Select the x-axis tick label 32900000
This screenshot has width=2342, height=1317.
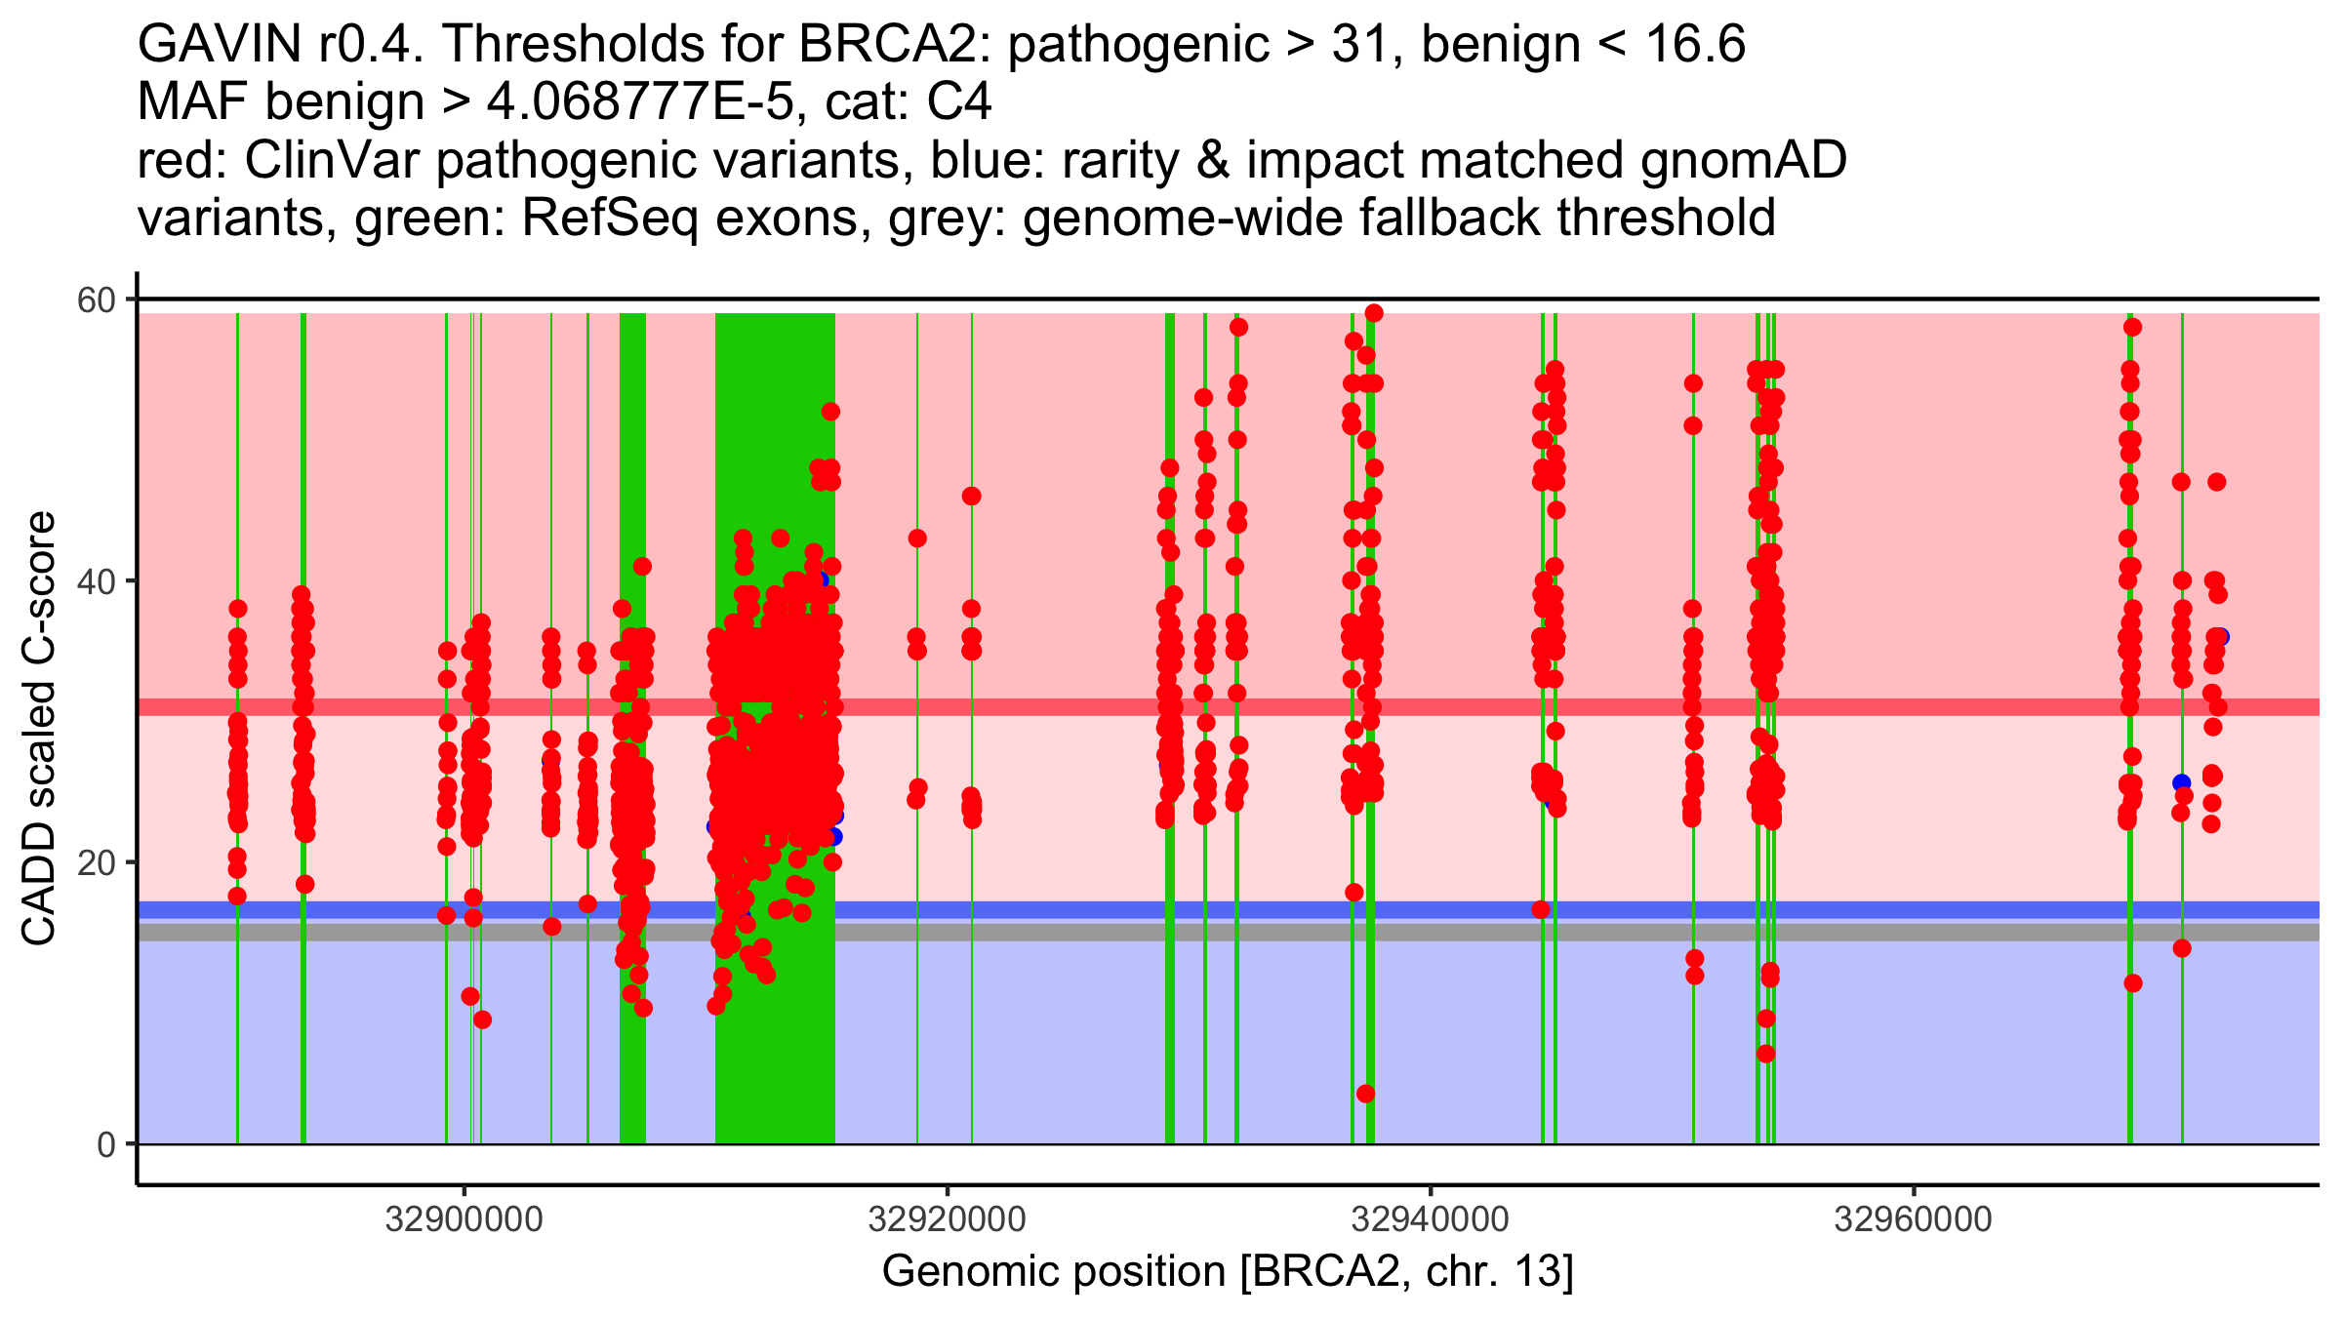(x=464, y=1219)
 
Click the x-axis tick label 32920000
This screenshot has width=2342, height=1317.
(x=947, y=1219)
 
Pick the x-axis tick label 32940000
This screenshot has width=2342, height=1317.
(x=1430, y=1219)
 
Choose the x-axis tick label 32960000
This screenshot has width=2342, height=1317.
(x=1913, y=1219)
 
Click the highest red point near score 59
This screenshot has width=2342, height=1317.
(x=1374, y=313)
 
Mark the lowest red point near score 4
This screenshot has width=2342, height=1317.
(x=1365, y=1094)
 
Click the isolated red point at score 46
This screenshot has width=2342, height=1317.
(x=971, y=497)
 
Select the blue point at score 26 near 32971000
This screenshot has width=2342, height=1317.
(x=2181, y=782)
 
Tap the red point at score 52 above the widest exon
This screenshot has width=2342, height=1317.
(x=830, y=412)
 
